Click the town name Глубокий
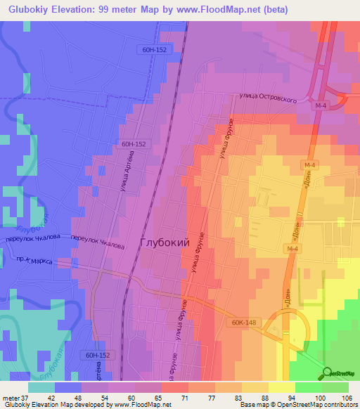165,242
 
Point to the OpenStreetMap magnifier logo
326,373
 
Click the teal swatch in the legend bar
41,387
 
